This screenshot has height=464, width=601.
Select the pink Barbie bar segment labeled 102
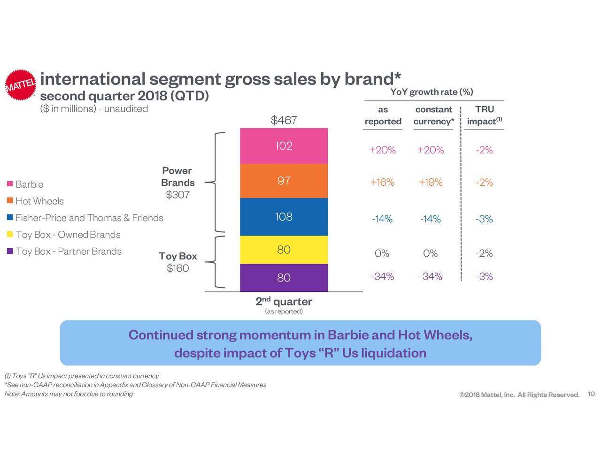284,146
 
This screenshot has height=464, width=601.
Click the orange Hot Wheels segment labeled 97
284,181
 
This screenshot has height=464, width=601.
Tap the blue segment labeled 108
284,217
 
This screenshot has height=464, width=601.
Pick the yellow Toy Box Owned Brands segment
284,250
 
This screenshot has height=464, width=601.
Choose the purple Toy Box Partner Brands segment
284,278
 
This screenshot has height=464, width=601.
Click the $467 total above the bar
284,121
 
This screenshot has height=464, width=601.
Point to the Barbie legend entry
29,184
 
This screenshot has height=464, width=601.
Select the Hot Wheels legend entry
39,201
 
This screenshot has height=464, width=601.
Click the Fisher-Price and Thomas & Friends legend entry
89,218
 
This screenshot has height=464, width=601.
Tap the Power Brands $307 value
177,195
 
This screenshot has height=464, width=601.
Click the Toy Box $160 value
177,268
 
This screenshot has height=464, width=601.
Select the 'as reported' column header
383,115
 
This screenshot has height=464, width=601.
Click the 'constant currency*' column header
433,115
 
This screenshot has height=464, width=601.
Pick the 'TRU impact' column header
484,115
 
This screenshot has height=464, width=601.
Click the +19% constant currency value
431,183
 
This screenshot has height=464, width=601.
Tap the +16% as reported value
382,183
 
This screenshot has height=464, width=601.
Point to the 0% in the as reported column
382,254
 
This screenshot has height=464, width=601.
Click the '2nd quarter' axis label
284,301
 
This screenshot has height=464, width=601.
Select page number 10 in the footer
591,394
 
